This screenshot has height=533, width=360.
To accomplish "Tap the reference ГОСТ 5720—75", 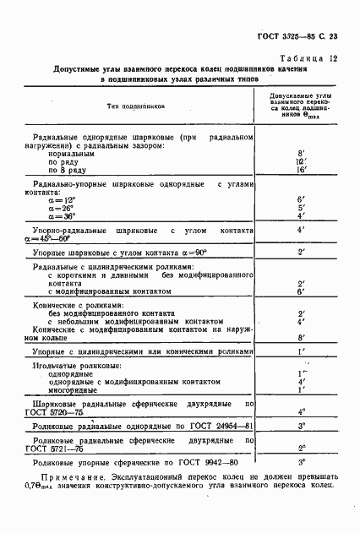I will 63,413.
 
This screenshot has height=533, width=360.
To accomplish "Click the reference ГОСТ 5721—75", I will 63,449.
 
